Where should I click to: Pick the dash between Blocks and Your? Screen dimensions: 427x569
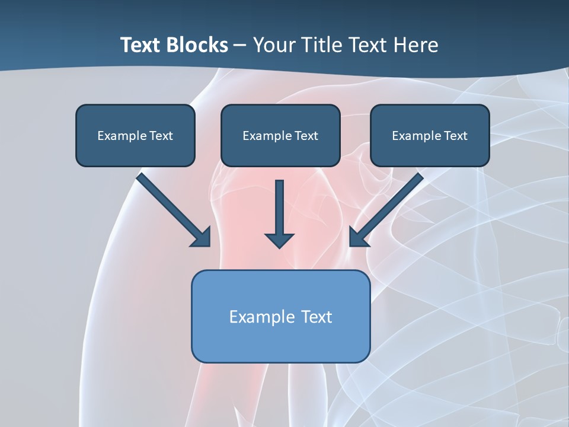coord(240,46)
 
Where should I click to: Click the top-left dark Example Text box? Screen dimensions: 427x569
coord(135,135)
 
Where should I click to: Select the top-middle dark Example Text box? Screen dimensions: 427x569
coord(280,135)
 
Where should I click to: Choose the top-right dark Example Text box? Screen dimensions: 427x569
coord(430,135)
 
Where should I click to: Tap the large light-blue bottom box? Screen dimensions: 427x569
coord(280,317)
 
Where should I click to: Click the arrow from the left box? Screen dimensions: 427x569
coord(172,208)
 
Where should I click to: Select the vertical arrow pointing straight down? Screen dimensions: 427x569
coord(280,211)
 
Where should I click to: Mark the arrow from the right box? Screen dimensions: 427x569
coord(388,208)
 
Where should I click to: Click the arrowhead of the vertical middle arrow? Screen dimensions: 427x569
coord(280,240)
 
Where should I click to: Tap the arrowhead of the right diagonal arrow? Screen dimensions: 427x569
coord(358,237)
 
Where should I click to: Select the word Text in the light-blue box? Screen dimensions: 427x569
coord(317,317)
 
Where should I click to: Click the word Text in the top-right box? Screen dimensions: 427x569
coord(456,136)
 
